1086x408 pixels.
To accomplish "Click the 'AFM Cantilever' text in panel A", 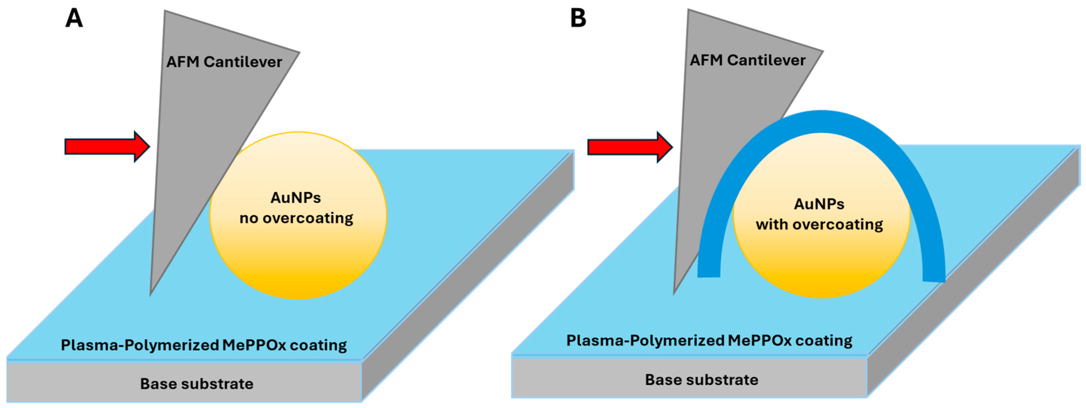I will [x=224, y=62].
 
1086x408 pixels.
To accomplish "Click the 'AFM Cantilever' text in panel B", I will [x=747, y=60].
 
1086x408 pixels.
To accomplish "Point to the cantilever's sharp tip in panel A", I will [x=151, y=293].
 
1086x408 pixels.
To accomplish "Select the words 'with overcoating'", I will [x=819, y=225].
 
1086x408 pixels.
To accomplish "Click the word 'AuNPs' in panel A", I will [x=296, y=198].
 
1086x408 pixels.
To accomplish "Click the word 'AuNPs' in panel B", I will [x=819, y=204].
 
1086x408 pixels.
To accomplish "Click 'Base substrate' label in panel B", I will [x=702, y=380].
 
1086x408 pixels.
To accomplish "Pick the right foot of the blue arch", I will [x=933, y=276].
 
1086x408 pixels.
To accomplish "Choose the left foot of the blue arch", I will [x=709, y=272].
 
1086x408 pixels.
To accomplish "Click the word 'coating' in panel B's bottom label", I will [x=824, y=341].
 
